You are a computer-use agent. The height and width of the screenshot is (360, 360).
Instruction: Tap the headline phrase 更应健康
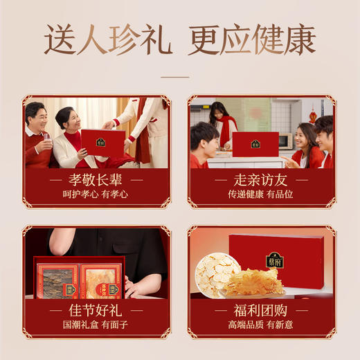(x=251, y=40)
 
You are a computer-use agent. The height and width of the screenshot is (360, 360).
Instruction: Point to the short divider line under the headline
(x=179, y=77)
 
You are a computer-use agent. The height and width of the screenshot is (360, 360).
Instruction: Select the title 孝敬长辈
(x=96, y=181)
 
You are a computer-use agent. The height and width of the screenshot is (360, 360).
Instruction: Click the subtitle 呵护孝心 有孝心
(x=96, y=195)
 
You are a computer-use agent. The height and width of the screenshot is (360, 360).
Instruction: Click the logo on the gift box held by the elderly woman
(x=101, y=142)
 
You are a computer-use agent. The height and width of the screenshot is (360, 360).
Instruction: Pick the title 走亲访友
(x=261, y=181)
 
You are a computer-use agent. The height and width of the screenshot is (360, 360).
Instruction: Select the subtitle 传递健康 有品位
(x=261, y=195)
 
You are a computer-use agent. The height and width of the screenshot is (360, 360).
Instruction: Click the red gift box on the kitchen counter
(x=255, y=144)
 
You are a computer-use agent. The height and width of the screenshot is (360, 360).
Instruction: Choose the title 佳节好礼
(x=96, y=311)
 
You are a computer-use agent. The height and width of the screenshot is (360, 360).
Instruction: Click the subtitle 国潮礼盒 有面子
(x=96, y=325)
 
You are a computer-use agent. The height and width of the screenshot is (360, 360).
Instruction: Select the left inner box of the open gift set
(x=58, y=281)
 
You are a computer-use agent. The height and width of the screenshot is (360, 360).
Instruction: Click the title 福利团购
(x=261, y=311)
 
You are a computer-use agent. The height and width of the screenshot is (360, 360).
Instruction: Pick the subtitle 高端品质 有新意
(x=261, y=325)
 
